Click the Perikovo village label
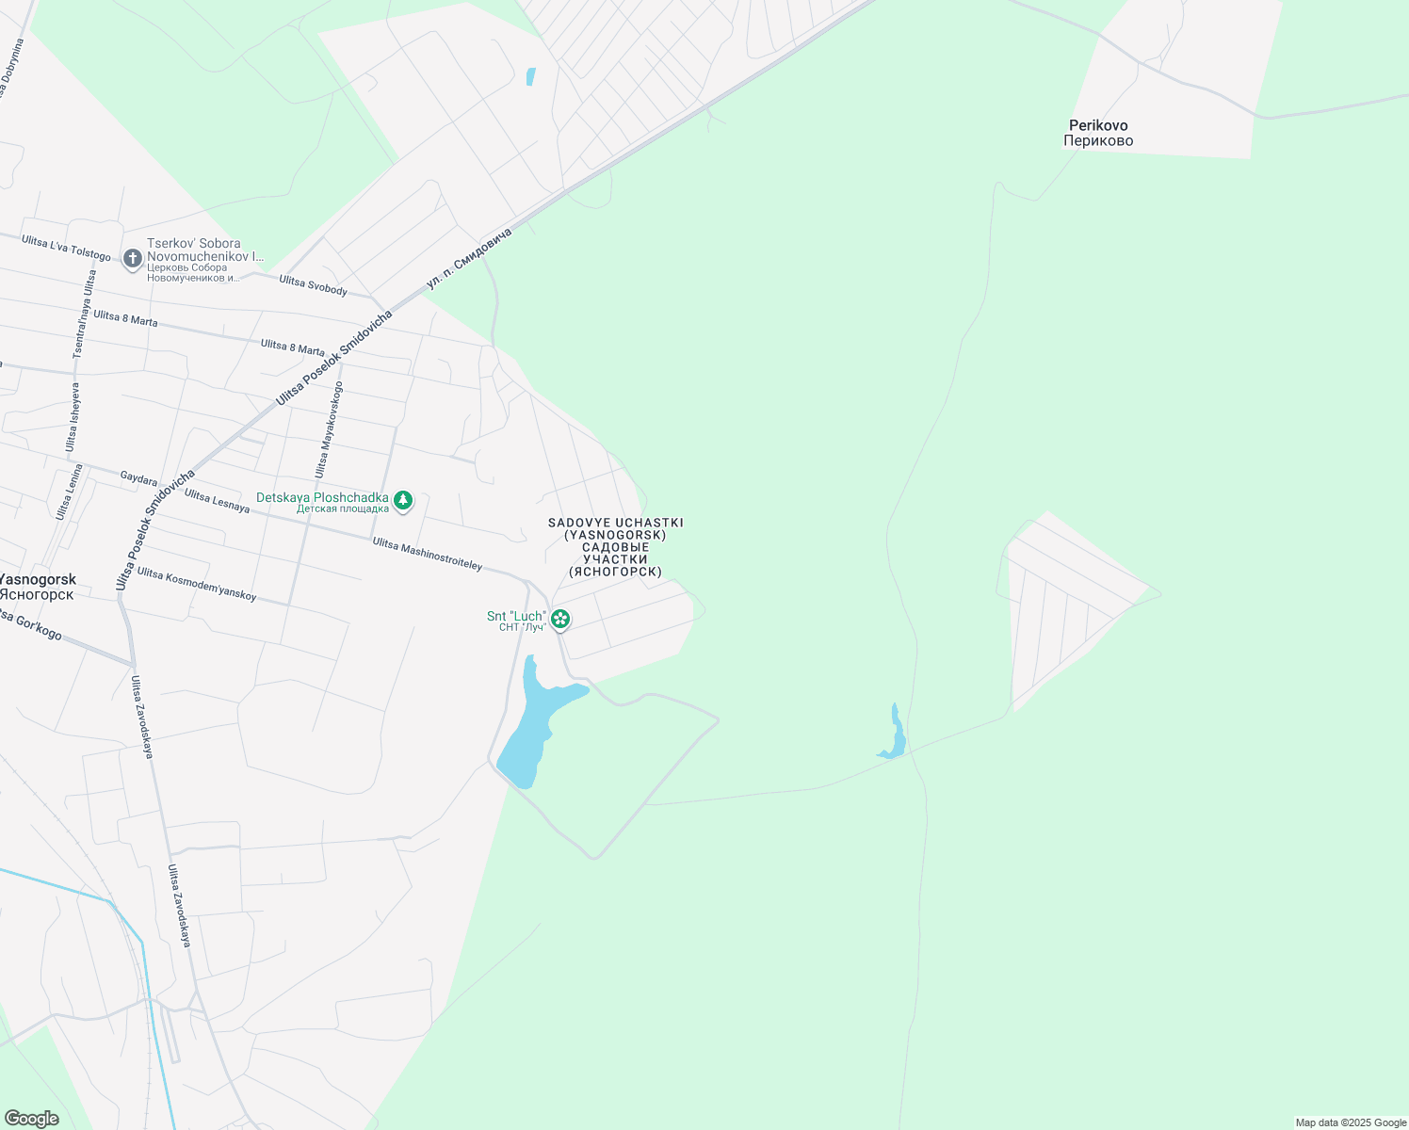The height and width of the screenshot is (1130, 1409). click(x=1098, y=133)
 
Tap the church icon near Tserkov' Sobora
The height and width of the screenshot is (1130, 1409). click(x=133, y=257)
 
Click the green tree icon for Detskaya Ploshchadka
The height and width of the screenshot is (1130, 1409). click(x=403, y=501)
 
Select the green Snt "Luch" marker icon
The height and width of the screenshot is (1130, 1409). click(x=560, y=620)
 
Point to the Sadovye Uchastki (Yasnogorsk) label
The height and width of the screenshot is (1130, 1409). click(x=616, y=547)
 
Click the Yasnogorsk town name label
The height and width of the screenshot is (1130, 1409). click(x=38, y=587)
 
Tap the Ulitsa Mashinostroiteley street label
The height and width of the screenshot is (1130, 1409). click(x=428, y=554)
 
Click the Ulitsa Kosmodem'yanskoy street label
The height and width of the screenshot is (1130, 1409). click(x=197, y=584)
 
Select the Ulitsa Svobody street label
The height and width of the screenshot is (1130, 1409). click(x=314, y=285)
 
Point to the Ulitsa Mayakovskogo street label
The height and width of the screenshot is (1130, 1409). click(x=328, y=434)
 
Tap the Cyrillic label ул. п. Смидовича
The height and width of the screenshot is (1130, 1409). click(x=469, y=257)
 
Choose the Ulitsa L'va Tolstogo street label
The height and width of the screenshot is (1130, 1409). click(x=66, y=249)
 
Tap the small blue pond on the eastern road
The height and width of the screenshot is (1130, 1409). click(x=894, y=735)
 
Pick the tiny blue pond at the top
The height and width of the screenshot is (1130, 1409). click(x=530, y=76)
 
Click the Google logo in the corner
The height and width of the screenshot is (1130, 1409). click(x=32, y=1118)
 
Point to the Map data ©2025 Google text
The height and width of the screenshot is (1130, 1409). click(x=1351, y=1122)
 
